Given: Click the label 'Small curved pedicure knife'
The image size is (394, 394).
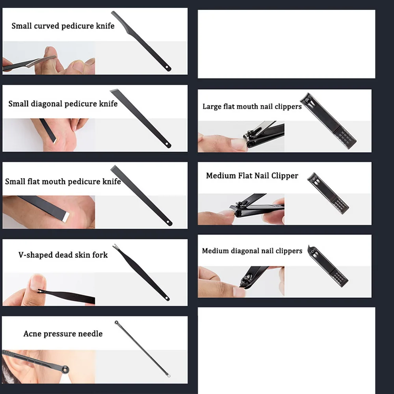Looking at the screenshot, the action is (63, 26).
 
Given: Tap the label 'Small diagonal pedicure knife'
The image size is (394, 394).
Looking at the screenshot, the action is (63, 104).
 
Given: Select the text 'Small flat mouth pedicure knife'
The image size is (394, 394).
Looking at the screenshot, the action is (63, 181).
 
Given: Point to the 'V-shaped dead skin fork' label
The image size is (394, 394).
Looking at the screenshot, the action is (63, 255).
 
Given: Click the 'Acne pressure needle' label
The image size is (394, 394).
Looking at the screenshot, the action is (63, 334).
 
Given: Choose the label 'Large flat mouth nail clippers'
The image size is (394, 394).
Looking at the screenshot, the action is (252, 106).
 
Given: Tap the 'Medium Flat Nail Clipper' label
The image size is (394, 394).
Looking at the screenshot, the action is (252, 175).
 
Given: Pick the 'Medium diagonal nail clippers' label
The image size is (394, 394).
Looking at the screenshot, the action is (252, 251).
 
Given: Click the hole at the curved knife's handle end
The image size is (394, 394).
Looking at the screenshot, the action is (167, 67).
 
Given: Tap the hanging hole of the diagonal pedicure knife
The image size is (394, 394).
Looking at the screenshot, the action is (167, 144).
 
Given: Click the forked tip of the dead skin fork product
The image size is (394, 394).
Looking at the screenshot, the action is (115, 246).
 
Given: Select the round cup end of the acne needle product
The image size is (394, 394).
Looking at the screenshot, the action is (116, 322).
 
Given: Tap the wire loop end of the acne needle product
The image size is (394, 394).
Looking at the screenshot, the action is (169, 375).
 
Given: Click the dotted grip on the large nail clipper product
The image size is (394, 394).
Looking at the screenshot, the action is (346, 138).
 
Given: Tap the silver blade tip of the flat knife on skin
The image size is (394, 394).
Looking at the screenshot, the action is (66, 217).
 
